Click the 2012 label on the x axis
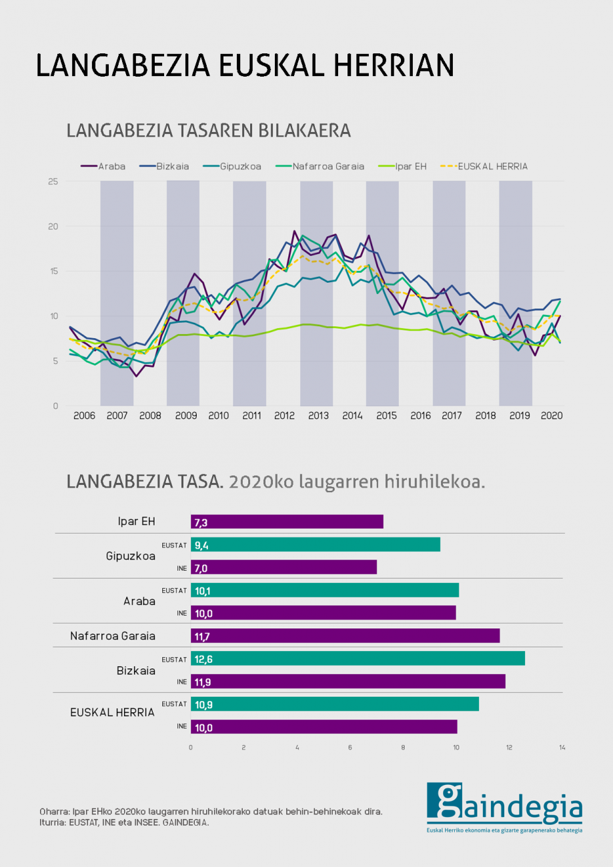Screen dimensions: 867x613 tap(285, 415)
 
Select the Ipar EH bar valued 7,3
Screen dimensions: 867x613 tap(287, 522)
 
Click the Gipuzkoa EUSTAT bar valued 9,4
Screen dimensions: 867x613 tap(316, 545)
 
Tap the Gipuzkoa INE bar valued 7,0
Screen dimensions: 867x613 tap(283, 568)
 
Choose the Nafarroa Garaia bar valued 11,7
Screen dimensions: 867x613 tap(345, 636)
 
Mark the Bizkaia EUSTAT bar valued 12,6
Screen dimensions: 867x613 tap(358, 659)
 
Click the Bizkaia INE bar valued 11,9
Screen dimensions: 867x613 tap(348, 682)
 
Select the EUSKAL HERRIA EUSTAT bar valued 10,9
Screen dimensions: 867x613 tap(335, 704)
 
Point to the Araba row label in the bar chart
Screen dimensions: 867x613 tap(139, 601)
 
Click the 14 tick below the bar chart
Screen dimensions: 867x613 tap(562, 748)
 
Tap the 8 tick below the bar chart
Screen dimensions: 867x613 tap(403, 748)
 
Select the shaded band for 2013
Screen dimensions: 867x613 tap(316, 293)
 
